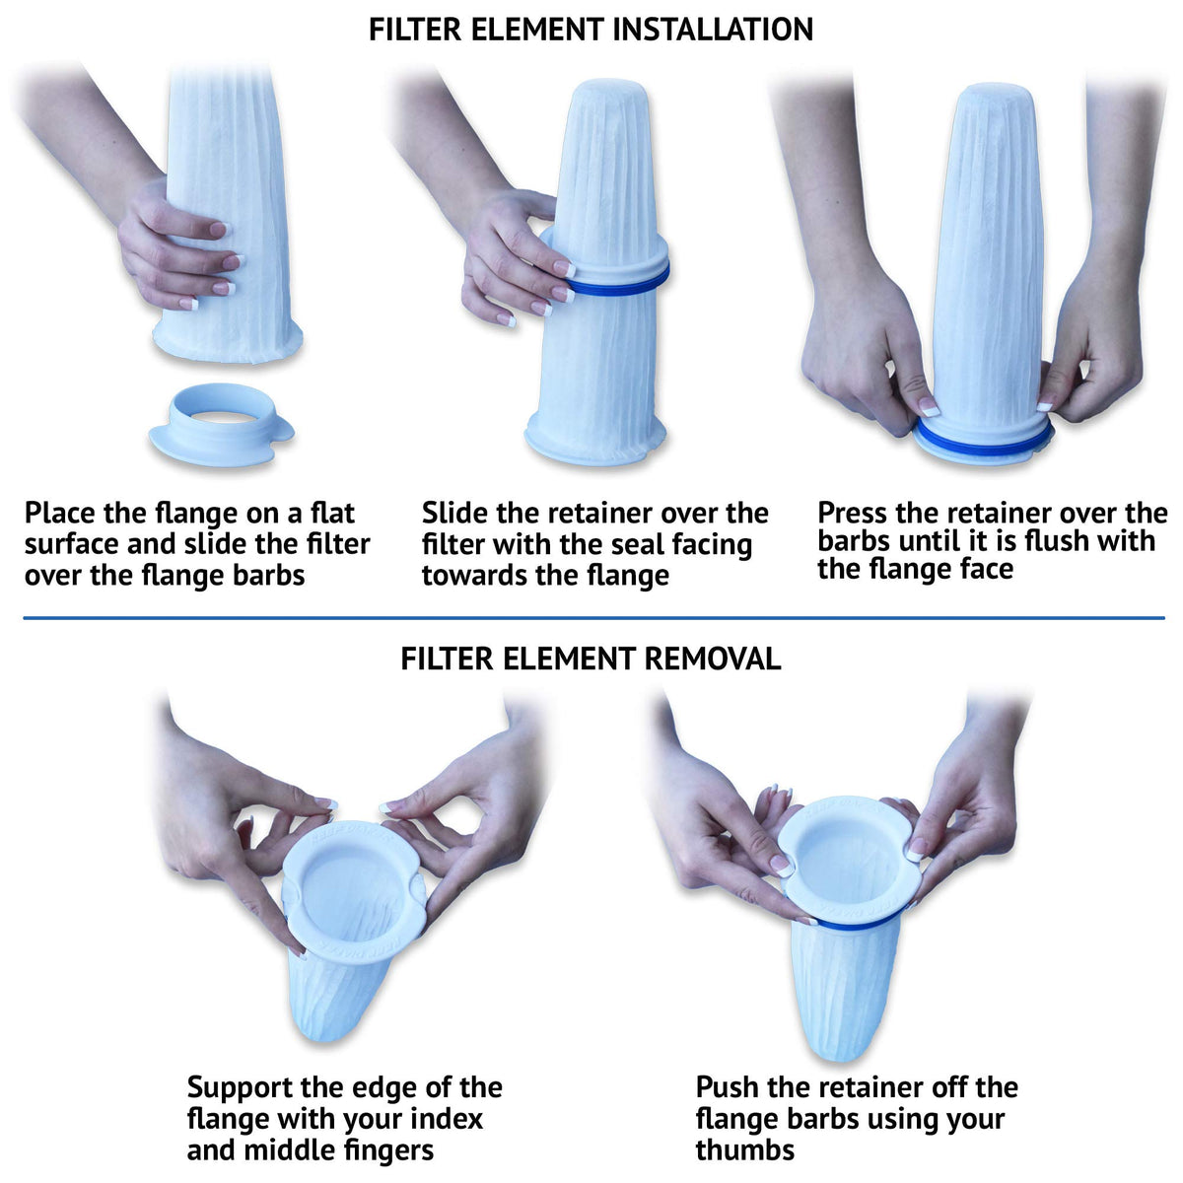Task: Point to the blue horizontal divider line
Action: pos(593,617)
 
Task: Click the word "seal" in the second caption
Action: pos(642,544)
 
